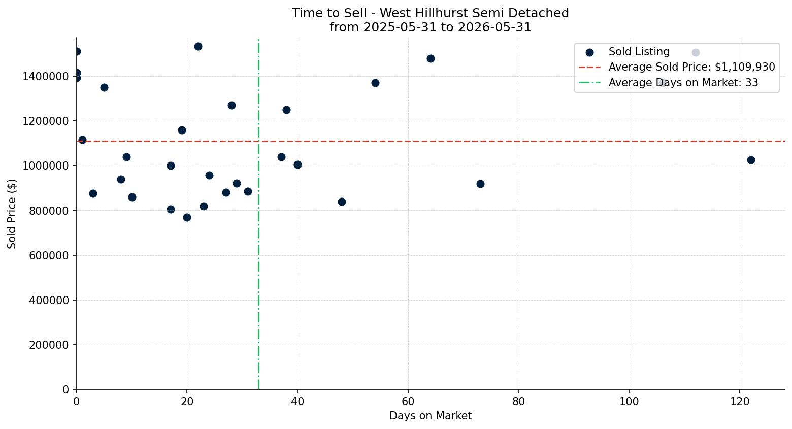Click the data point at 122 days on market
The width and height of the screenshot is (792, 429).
click(x=751, y=160)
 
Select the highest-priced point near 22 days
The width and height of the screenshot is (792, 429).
click(x=199, y=46)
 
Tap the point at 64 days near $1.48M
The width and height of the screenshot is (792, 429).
click(x=431, y=59)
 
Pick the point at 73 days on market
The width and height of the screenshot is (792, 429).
click(x=480, y=184)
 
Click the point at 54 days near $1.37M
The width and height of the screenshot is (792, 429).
click(x=376, y=83)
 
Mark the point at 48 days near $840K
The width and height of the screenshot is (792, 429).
click(x=342, y=202)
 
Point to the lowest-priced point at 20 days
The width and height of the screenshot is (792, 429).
click(x=187, y=217)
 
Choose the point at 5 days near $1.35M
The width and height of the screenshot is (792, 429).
click(x=104, y=88)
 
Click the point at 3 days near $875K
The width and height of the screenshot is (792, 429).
click(x=93, y=194)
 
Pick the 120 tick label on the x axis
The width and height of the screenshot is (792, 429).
click(x=740, y=402)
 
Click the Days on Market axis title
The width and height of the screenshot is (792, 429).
click(x=431, y=416)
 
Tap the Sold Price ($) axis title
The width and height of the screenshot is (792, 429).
click(x=12, y=214)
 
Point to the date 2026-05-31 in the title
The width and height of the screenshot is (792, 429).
click(x=494, y=27)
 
